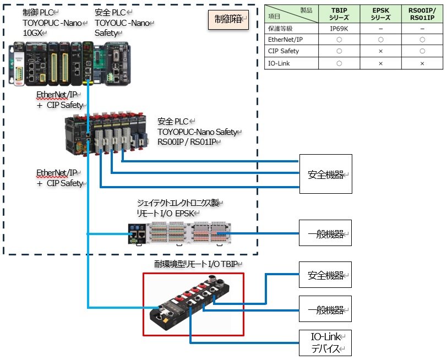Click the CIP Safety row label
tap(285, 51)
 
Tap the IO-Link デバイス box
tap(325, 342)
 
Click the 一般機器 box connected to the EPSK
tap(325, 233)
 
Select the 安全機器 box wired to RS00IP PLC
tap(325, 174)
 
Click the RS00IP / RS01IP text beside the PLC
tap(188, 142)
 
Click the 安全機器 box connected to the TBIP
tap(325, 274)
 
